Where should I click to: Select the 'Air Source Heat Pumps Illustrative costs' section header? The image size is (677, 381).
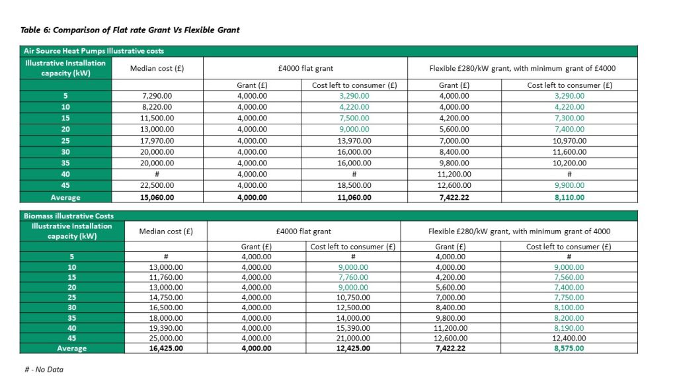[93, 51]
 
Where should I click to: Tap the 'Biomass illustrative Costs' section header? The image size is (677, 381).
[69, 216]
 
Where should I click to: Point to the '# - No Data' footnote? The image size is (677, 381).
[43, 369]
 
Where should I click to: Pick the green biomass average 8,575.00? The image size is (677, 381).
[569, 347]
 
